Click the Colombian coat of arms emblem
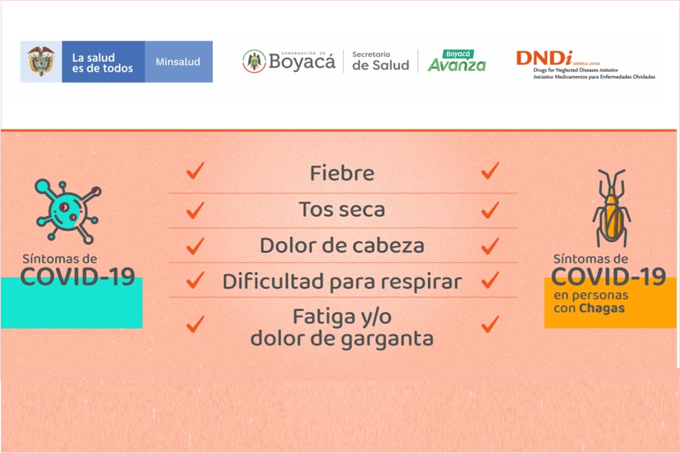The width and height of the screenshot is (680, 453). (41, 61)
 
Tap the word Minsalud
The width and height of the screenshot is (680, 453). (178, 62)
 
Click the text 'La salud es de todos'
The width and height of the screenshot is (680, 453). (103, 63)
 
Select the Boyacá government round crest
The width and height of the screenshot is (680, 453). (254, 61)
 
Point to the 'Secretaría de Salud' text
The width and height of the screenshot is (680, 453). (380, 61)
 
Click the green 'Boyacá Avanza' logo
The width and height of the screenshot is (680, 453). (457, 61)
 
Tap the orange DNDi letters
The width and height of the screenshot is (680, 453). (544, 58)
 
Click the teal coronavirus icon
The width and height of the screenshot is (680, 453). (68, 211)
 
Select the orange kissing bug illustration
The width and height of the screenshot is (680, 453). (611, 208)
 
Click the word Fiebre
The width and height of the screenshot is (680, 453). (342, 173)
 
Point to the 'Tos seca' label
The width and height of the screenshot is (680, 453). (342, 209)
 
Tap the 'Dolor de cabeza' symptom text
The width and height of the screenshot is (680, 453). (342, 245)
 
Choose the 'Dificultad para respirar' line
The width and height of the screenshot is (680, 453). (342, 282)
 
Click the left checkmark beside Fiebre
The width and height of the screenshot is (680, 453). (195, 170)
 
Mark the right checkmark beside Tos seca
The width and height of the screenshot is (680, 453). (490, 210)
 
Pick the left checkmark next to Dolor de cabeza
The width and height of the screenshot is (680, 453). (195, 245)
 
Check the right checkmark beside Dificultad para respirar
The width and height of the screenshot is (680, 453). (490, 280)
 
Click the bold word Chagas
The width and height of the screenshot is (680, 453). (602, 308)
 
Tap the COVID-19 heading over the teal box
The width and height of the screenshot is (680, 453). (78, 276)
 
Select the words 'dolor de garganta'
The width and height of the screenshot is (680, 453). (342, 339)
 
